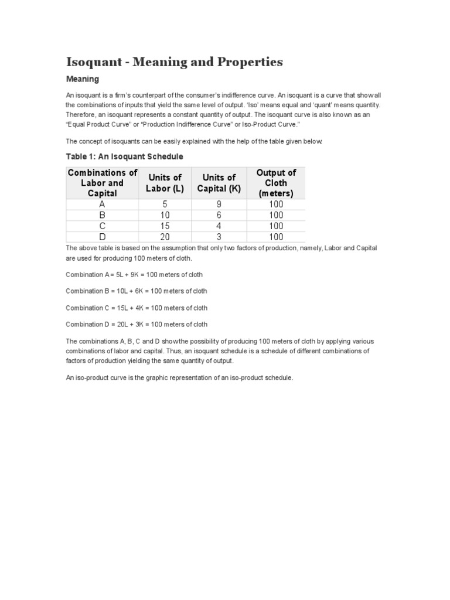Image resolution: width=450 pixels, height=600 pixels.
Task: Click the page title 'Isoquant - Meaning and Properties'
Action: click(174, 62)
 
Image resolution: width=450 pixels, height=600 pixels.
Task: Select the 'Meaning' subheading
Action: click(82, 79)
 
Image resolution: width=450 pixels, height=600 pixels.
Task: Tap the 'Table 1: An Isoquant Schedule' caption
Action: click(124, 156)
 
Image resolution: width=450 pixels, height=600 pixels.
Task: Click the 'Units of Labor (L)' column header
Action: click(165, 183)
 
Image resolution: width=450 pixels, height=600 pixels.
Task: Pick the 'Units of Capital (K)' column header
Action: click(219, 183)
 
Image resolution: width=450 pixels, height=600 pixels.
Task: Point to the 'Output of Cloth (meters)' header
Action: click(276, 183)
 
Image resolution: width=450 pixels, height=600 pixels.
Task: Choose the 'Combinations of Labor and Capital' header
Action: click(103, 183)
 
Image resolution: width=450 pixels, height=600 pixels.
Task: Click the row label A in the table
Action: click(103, 204)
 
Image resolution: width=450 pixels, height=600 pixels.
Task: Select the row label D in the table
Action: click(103, 237)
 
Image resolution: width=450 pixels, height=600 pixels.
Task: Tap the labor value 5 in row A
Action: click(165, 204)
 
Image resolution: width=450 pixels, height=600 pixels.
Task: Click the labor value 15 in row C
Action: click(165, 226)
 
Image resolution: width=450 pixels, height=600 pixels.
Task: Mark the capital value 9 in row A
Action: click(219, 204)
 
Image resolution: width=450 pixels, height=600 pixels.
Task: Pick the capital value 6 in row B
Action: click(219, 215)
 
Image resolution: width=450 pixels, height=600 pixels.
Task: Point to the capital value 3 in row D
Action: click(219, 237)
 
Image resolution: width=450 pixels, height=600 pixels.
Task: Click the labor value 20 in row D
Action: click(165, 237)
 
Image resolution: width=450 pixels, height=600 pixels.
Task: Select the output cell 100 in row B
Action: click(276, 215)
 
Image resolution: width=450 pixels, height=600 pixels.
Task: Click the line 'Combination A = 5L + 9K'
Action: click(134, 274)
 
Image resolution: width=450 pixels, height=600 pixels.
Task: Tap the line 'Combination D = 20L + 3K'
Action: click(136, 324)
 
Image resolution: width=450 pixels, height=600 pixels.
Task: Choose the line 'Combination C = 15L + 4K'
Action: click(136, 308)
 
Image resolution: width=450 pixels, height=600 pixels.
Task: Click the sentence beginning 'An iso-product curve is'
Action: click(179, 378)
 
